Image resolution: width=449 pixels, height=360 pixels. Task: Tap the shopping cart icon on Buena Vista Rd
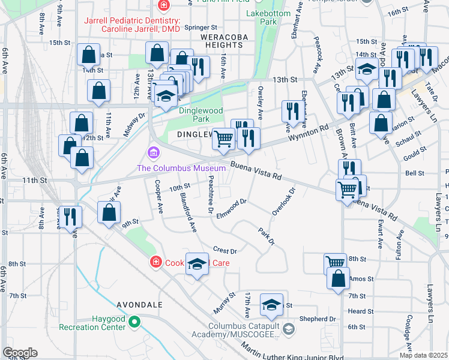pos(348,189)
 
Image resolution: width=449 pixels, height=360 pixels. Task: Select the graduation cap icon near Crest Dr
pos(196,264)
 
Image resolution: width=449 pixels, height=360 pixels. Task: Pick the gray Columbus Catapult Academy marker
pos(289,328)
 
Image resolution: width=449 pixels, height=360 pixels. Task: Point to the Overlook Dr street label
pos(285,201)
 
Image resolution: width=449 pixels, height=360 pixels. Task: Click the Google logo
pos(20,353)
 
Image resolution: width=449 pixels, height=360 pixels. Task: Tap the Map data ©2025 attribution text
pos(423,355)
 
